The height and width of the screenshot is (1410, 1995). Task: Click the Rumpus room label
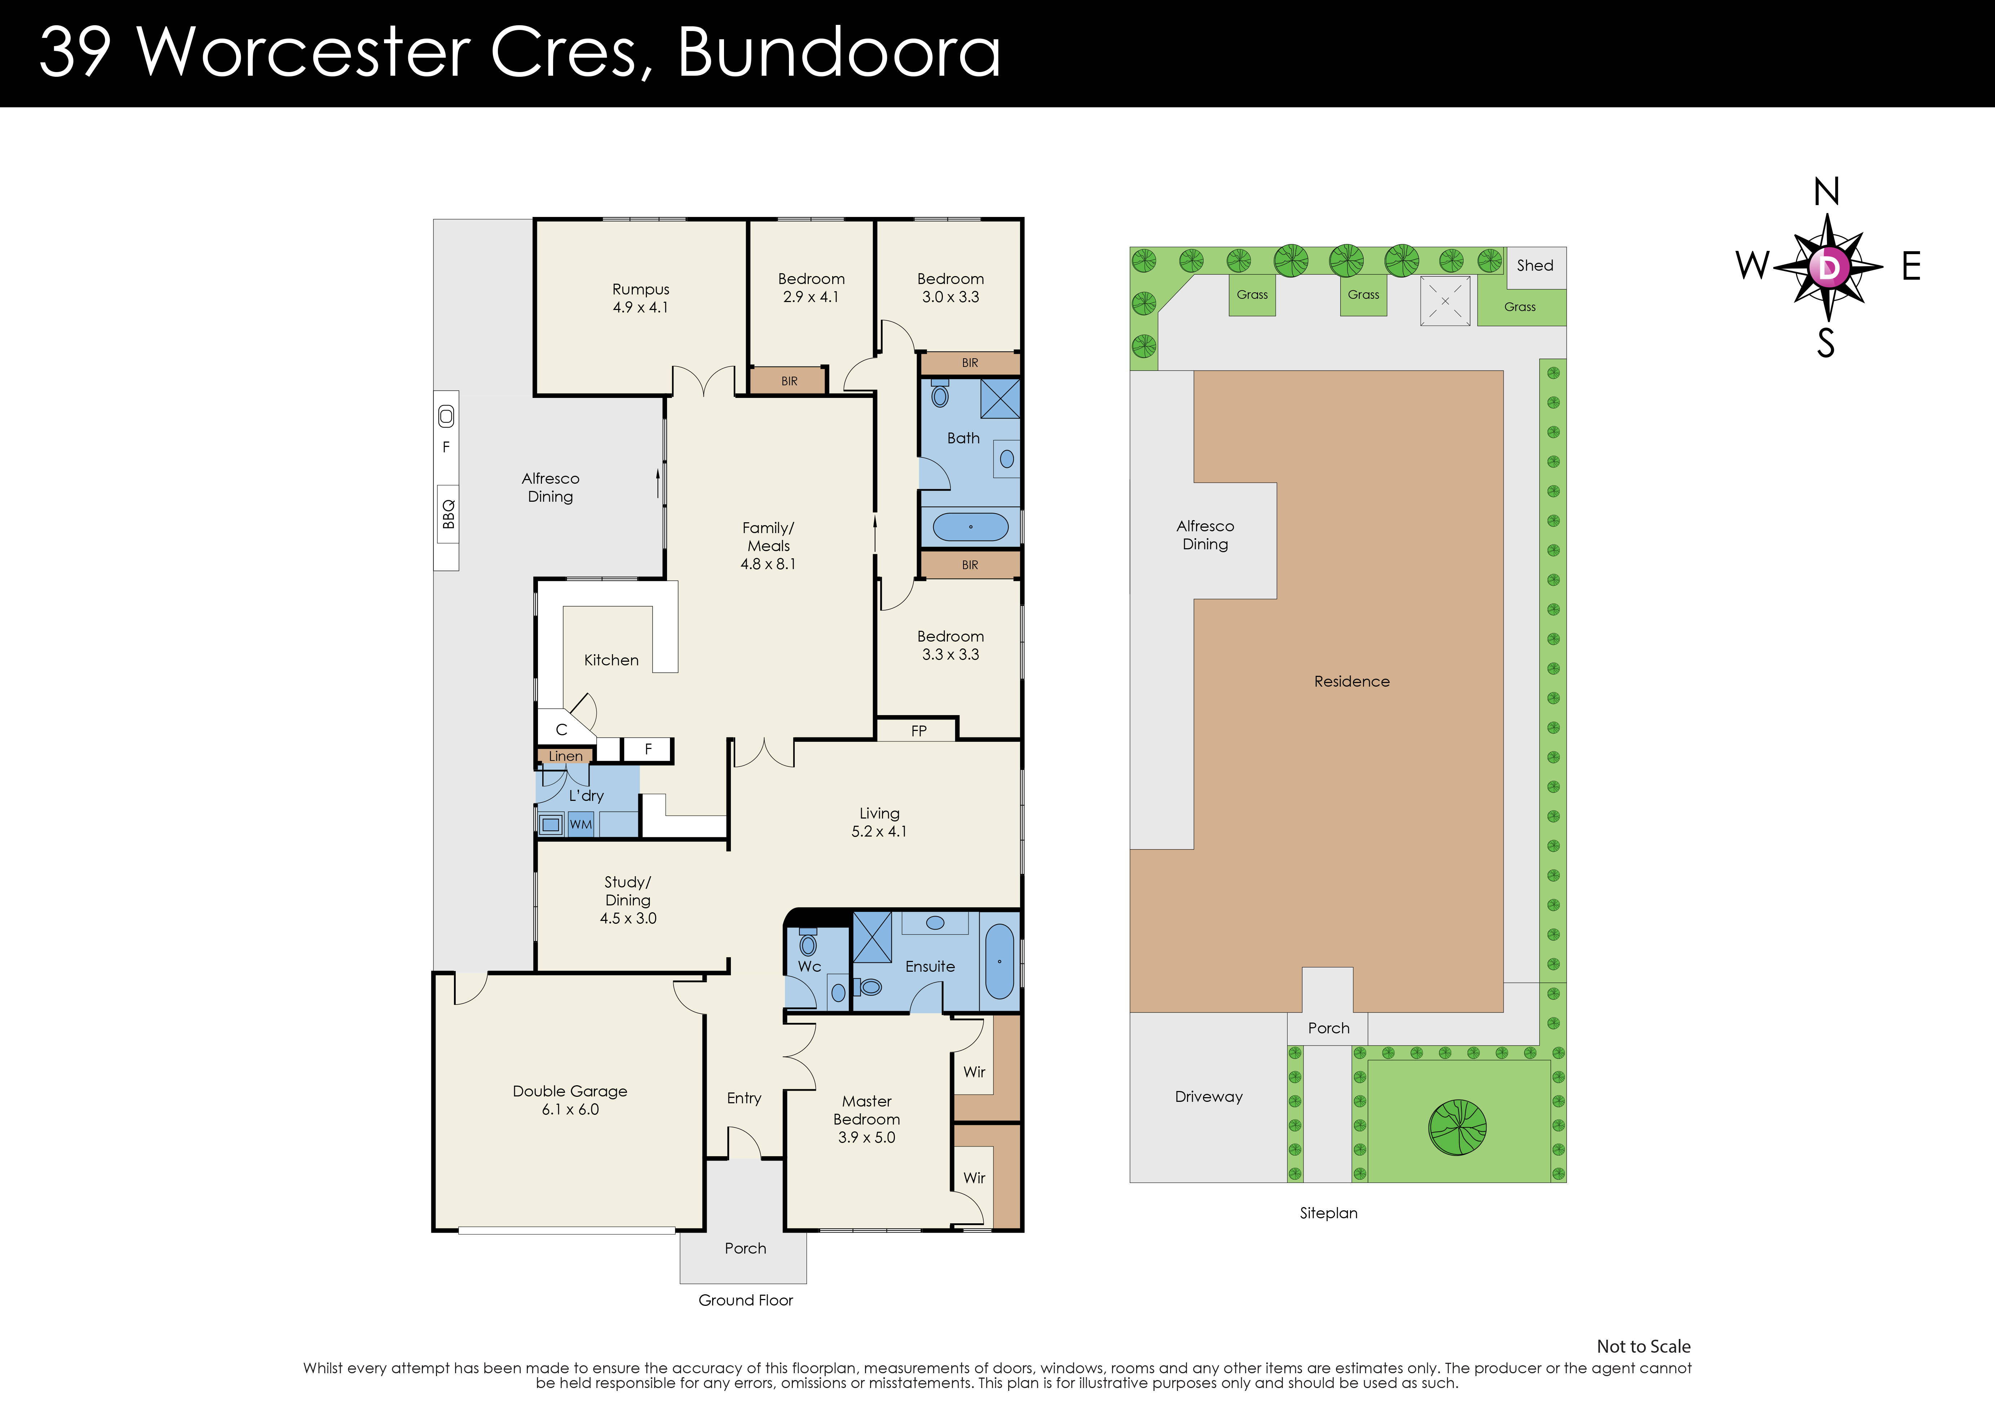coord(640,289)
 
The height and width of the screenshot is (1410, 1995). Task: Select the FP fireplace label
coord(918,731)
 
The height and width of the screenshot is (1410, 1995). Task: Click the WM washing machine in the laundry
coord(581,824)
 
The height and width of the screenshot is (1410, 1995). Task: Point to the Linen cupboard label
coord(566,756)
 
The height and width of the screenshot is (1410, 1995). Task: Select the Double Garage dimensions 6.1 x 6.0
coord(570,1109)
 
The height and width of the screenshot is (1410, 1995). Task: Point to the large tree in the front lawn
coord(1457,1127)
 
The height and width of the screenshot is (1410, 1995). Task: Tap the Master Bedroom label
coord(866,1110)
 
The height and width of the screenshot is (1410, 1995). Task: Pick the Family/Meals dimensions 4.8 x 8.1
coord(768,564)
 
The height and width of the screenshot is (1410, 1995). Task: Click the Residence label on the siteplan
coord(1351,681)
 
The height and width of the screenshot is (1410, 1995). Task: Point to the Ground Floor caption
coord(746,1300)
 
